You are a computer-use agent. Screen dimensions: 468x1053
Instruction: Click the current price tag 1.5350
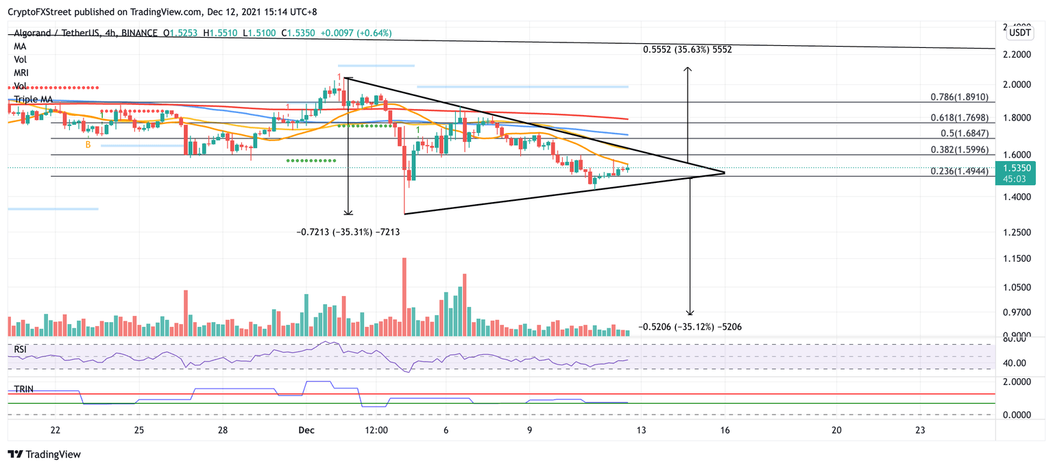1017,167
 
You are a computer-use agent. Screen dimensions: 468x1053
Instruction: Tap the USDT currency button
1021,32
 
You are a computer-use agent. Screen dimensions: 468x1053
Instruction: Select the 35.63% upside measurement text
692,49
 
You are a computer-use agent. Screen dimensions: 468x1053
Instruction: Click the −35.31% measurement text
348,232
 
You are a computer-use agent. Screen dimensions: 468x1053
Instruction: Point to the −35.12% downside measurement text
690,327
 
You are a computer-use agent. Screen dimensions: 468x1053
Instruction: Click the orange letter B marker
88,145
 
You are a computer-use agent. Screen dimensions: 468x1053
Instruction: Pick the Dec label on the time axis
306,430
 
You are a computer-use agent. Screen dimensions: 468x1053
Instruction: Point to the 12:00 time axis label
376,430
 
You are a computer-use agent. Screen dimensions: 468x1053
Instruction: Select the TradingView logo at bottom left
44,454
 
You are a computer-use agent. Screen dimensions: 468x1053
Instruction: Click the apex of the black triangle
725,173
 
